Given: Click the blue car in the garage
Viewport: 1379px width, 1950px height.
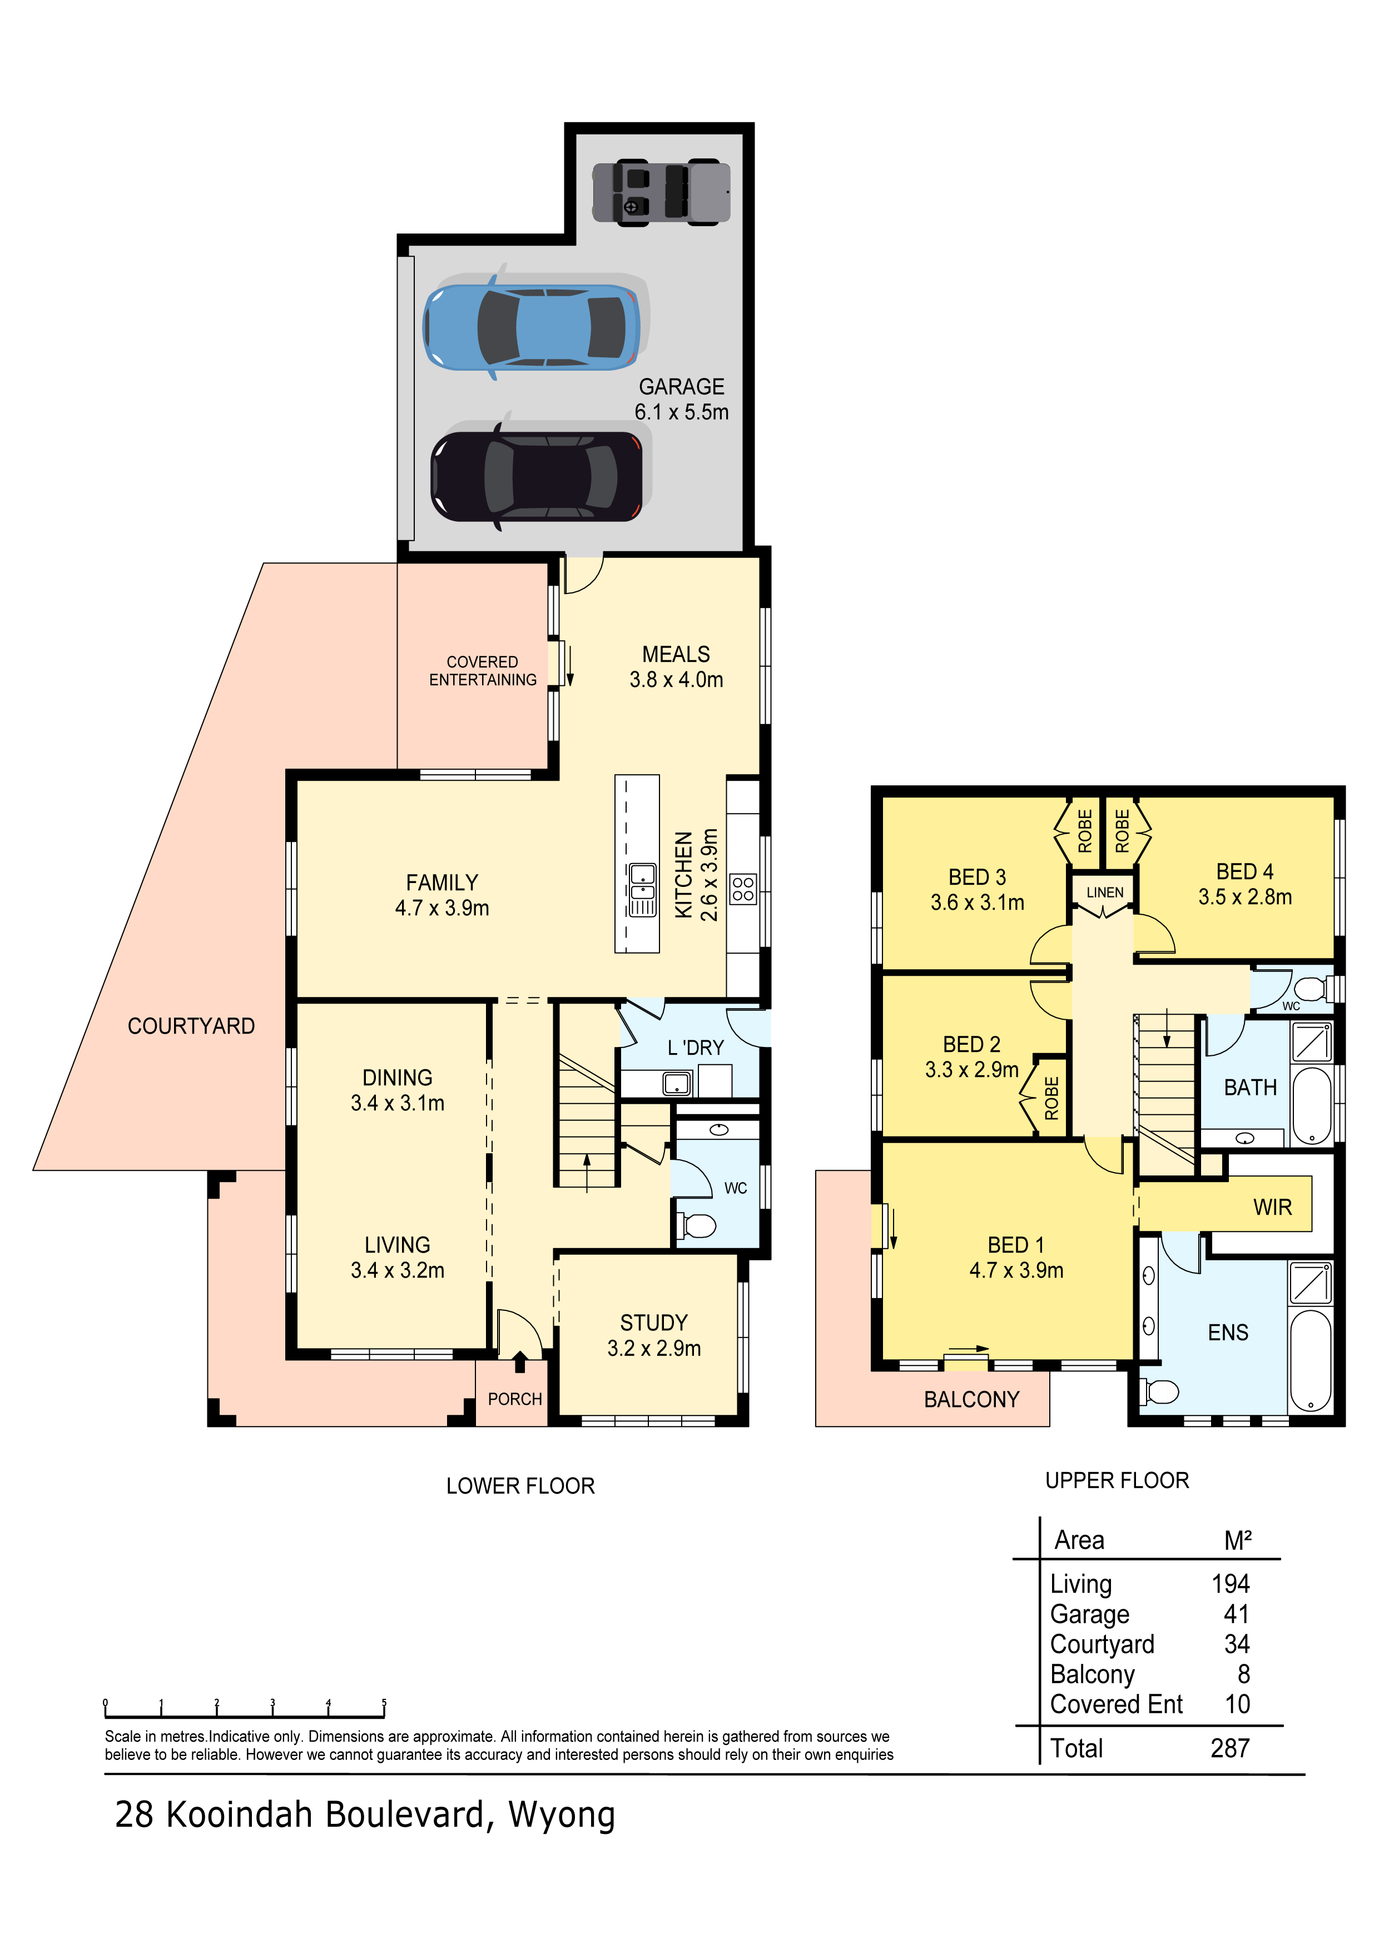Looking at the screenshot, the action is click(x=533, y=327).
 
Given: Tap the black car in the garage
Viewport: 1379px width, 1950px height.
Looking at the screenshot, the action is click(x=537, y=476).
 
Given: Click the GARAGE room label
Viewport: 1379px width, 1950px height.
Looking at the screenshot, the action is click(x=681, y=387).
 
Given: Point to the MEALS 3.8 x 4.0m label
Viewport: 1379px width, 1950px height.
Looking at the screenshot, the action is click(x=676, y=667).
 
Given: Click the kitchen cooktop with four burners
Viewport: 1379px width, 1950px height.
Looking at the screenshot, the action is click(x=743, y=889).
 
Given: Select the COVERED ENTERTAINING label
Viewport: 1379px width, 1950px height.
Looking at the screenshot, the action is click(x=483, y=671).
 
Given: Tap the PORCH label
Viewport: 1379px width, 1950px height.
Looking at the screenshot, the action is click(x=515, y=1399).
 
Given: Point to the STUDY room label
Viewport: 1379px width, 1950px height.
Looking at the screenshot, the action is click(x=654, y=1323).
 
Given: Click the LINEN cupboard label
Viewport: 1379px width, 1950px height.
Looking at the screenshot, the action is click(x=1104, y=892).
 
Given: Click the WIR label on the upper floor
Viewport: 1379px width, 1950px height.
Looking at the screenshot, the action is click(x=1272, y=1207).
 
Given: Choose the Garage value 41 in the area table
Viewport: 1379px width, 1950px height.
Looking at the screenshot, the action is click(x=1236, y=1614).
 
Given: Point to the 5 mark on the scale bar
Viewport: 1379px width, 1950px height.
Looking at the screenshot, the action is click(x=384, y=1703).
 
